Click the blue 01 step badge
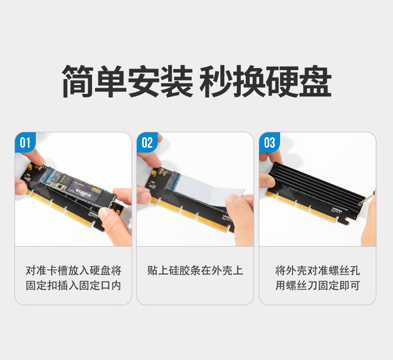click(25, 143)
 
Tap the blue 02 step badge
click(147, 143)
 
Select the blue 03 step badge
click(269, 143)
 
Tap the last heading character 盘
click(315, 81)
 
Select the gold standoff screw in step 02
click(155, 173)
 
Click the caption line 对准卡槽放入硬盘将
click(73, 271)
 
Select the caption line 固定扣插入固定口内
click(73, 286)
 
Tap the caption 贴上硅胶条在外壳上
click(195, 271)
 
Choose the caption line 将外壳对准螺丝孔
click(318, 271)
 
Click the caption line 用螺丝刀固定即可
click(318, 286)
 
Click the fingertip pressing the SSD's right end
click(106, 214)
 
